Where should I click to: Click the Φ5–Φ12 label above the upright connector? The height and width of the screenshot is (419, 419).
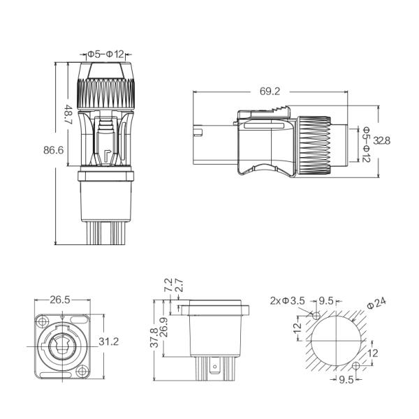pyautogui.click(x=106, y=54)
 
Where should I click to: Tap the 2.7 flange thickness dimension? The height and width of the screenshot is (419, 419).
pyautogui.click(x=178, y=286)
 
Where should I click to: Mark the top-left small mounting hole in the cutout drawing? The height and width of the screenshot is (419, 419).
pyautogui.click(x=316, y=316)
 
